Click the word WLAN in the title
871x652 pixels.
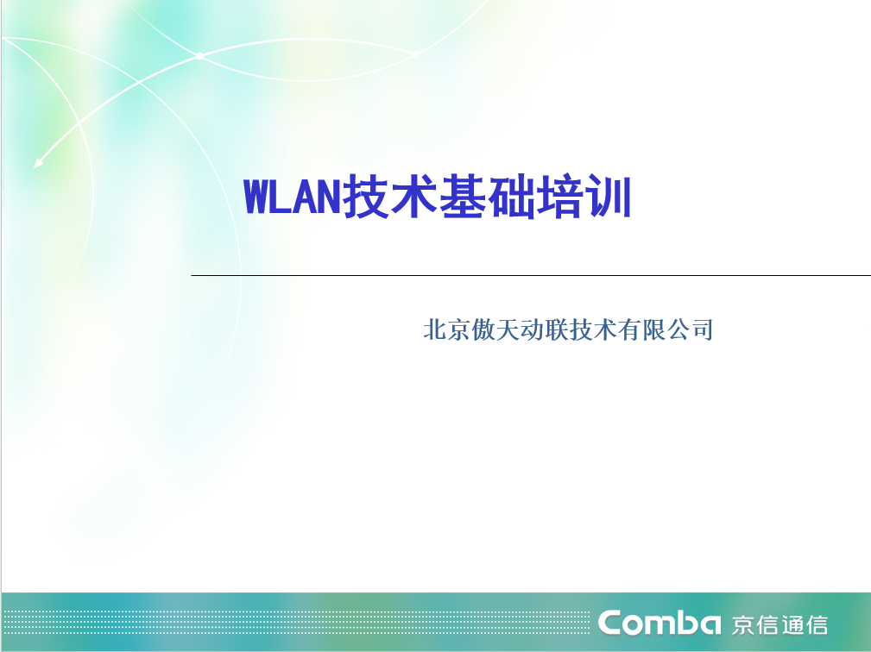(292, 197)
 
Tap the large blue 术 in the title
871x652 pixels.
(413, 197)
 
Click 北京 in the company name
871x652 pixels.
(446, 329)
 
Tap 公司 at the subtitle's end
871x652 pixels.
(690, 329)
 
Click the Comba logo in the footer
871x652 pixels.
(660, 623)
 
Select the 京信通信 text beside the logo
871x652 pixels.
(779, 624)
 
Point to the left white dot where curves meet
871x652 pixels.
(199, 56)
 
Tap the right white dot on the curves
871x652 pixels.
(415, 54)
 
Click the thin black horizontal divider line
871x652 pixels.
(531, 275)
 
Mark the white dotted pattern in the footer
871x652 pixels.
(295, 623)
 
